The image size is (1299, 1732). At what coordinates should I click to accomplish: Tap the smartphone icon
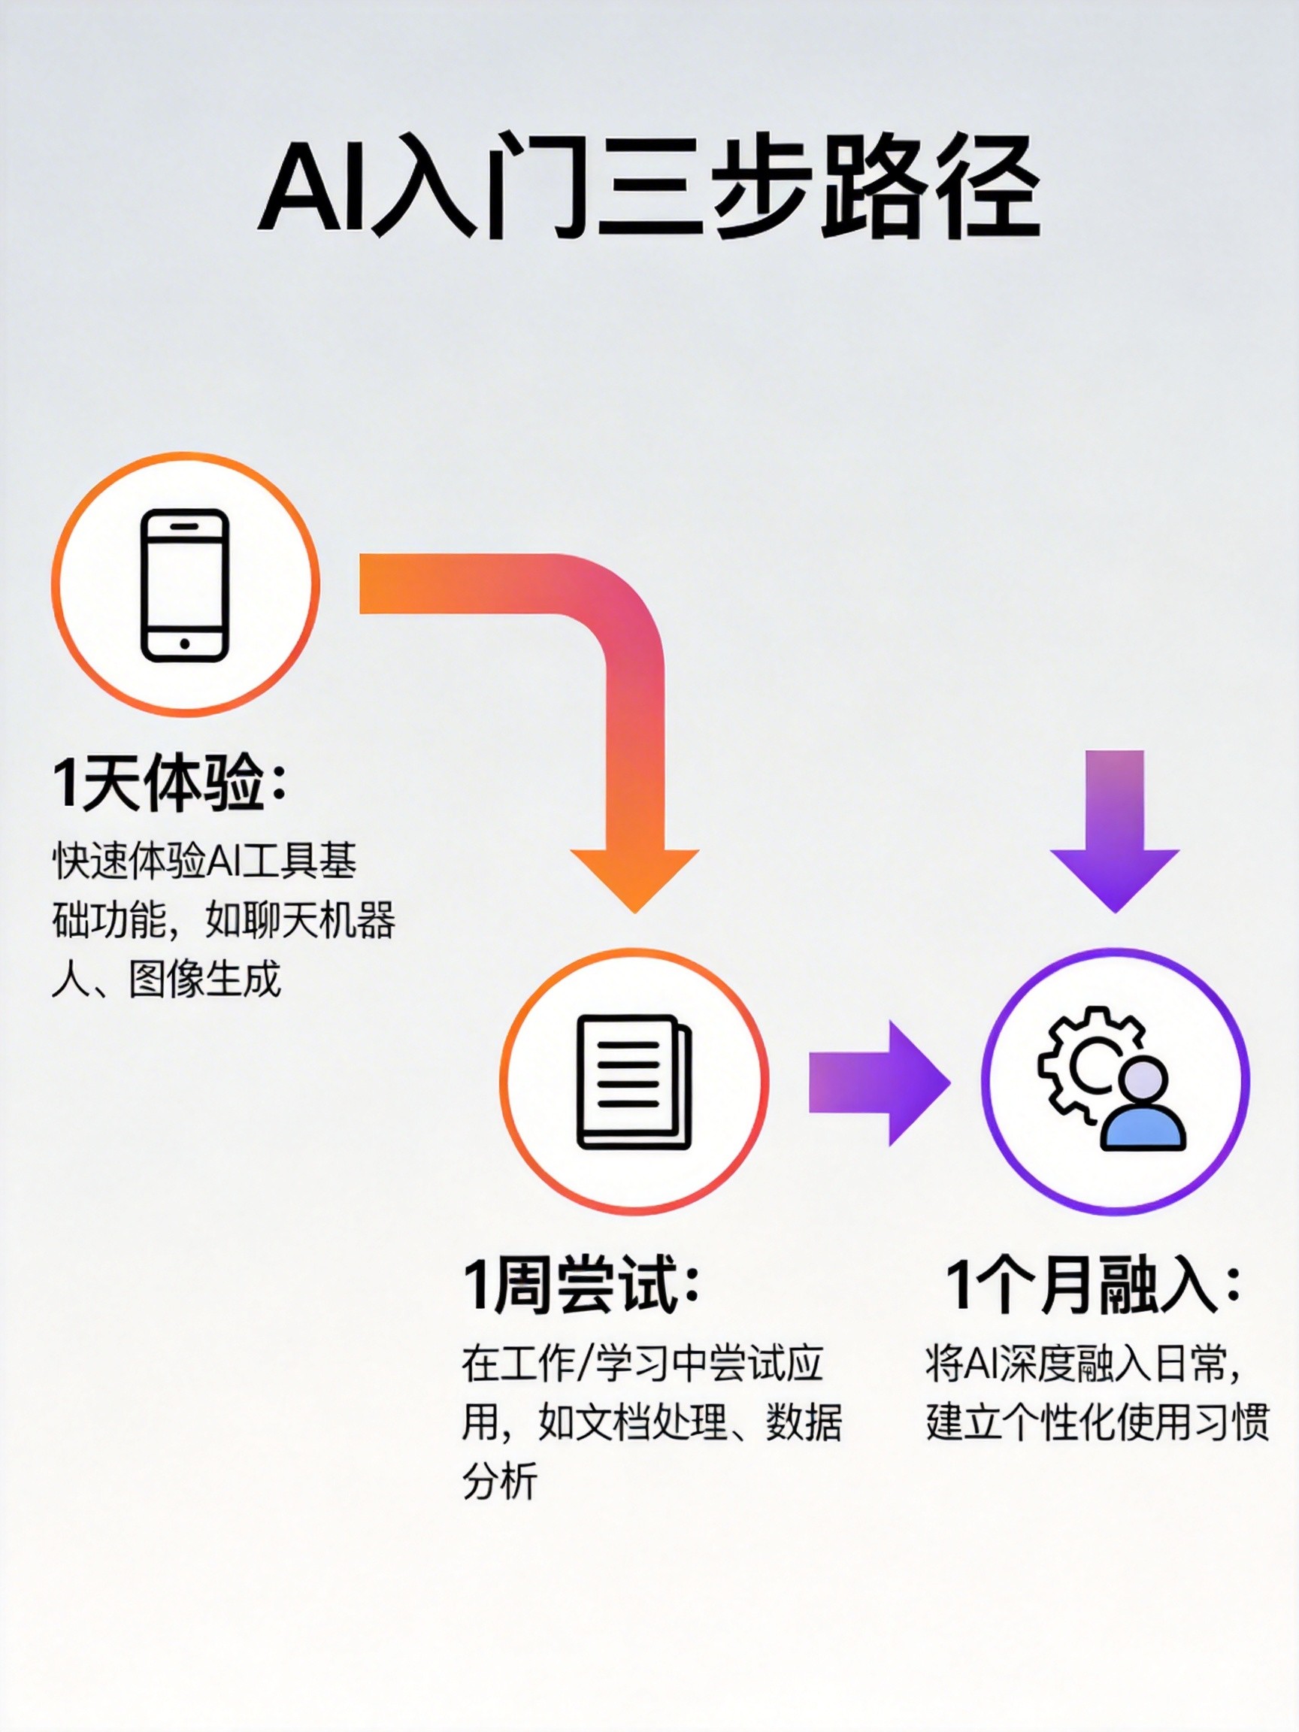point(185,585)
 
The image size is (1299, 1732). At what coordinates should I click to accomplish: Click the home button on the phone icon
point(185,643)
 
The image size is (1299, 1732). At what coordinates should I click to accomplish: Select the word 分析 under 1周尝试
point(500,1481)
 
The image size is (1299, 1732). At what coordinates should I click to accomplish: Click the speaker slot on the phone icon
point(185,526)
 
